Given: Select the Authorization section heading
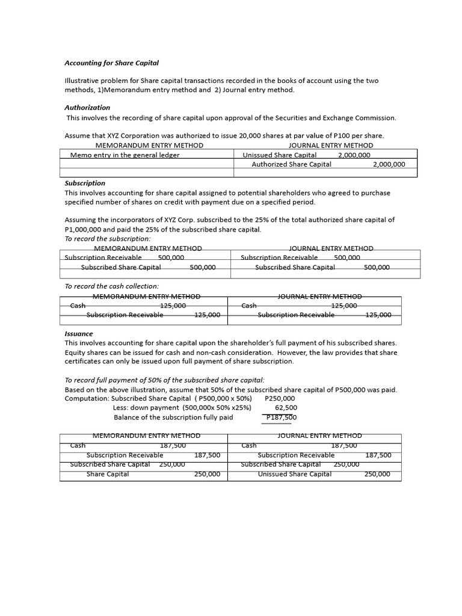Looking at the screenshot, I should pos(87,107).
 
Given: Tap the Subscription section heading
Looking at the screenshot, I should pos(85,183).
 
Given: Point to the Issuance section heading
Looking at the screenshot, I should pos(79,333).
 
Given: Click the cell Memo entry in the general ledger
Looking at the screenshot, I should pos(125,155).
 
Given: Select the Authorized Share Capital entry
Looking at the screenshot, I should pos(291,164).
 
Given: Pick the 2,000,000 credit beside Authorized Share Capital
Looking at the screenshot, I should pos(389,164).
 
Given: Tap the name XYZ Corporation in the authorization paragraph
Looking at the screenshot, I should pos(129,136).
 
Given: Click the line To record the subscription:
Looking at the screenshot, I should pos(108,239).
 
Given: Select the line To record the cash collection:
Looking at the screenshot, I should pos(111,286).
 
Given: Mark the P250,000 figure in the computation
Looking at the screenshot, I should pos(280,398).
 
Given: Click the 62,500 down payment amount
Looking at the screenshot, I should pos(286,408).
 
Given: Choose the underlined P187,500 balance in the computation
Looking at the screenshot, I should pos(282,417).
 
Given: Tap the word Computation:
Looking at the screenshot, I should pos(87,398).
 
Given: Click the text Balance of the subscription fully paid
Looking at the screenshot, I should pos(173,417).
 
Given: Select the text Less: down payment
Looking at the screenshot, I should pos(146,408).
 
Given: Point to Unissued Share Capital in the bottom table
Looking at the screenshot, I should pos(294,474).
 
